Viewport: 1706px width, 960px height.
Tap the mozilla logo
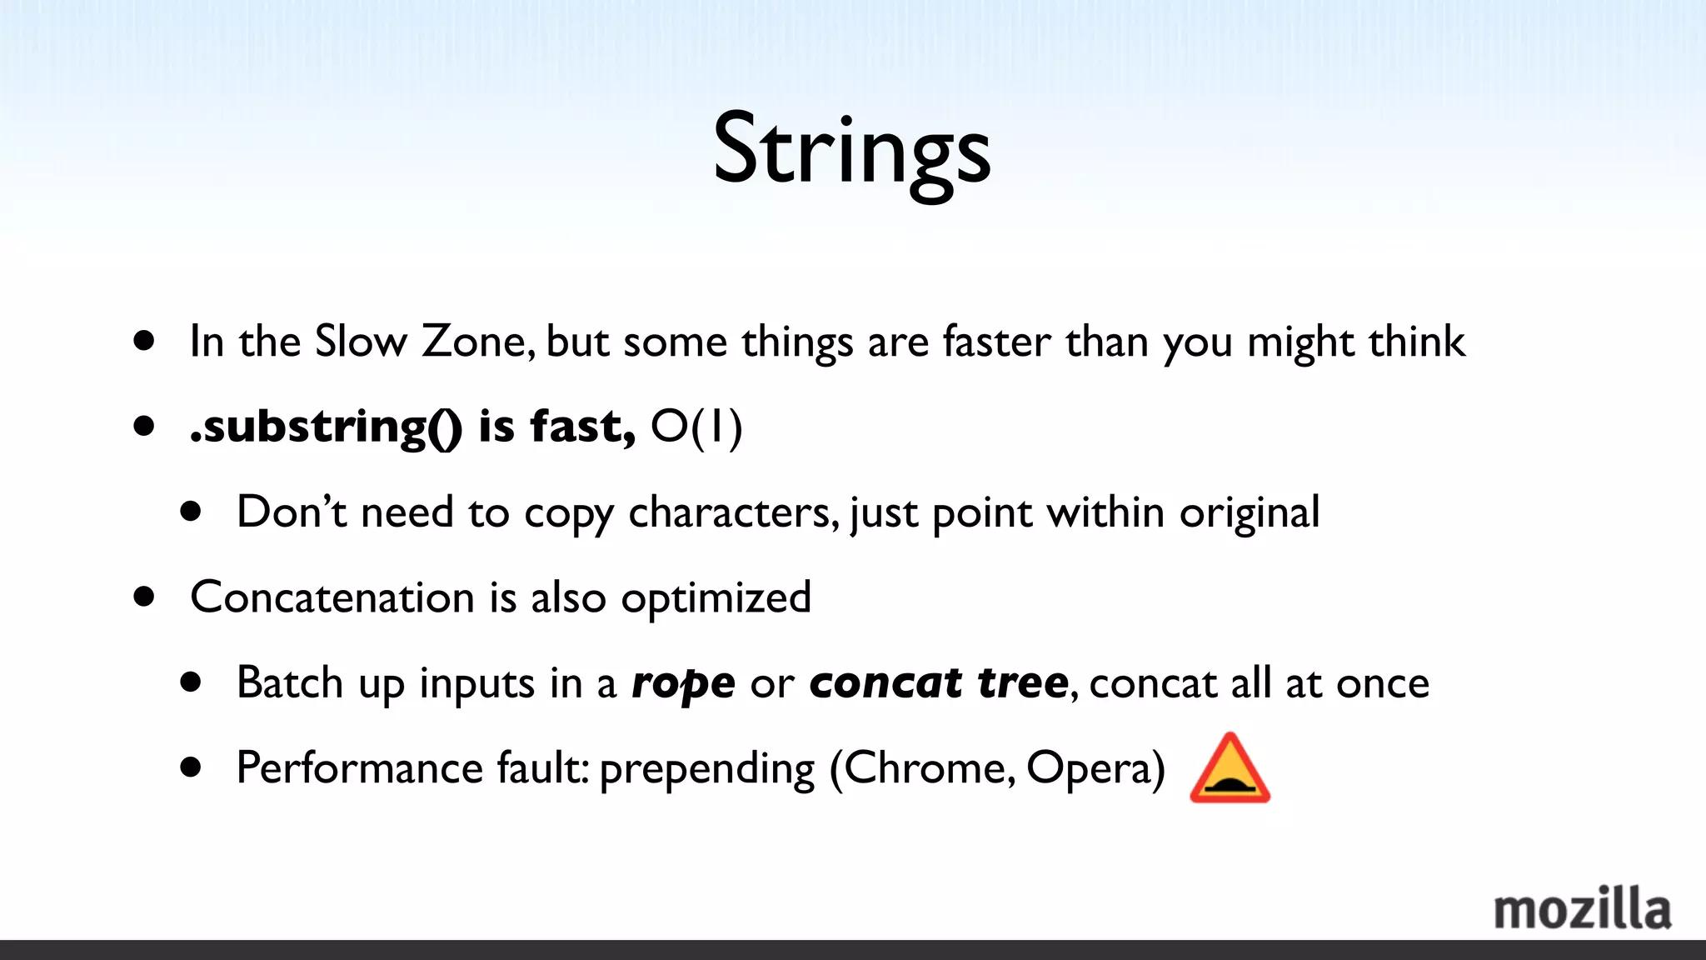click(x=1581, y=909)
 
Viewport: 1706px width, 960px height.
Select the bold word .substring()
click(x=325, y=427)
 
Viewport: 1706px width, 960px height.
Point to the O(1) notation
click(x=696, y=427)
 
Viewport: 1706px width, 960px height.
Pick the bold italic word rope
click(x=683, y=683)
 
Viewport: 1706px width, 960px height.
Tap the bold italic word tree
click(x=1022, y=682)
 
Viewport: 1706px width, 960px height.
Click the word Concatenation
click(x=332, y=597)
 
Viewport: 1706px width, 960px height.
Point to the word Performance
click(x=359, y=767)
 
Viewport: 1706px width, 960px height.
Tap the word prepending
click(x=706, y=769)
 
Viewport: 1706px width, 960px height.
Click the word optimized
click(x=716, y=598)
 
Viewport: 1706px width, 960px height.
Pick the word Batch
click(x=289, y=682)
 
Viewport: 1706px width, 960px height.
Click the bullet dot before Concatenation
click(x=144, y=597)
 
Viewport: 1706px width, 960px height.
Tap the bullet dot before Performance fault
click(x=191, y=767)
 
